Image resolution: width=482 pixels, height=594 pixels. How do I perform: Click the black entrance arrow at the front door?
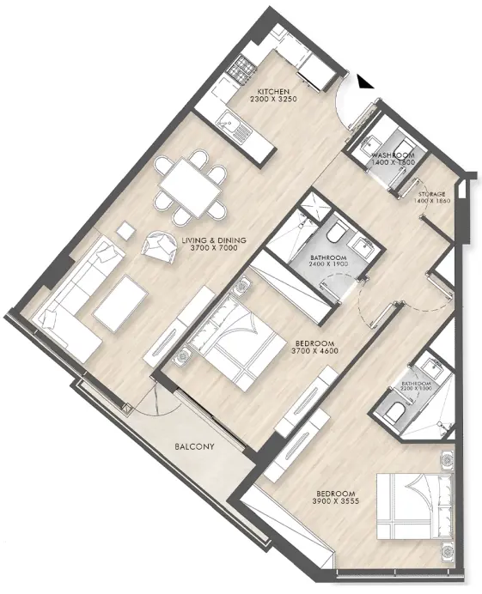[x=364, y=82]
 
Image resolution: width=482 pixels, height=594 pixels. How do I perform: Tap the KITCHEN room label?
[x=272, y=91]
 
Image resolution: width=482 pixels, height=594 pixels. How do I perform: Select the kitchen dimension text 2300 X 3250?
[x=272, y=100]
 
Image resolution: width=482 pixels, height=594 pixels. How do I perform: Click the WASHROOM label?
[x=394, y=155]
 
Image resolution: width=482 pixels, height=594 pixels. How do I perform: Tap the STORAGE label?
[x=432, y=195]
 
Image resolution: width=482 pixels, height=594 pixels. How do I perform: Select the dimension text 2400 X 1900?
[x=329, y=266]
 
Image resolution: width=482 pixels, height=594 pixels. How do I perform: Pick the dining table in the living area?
[x=190, y=184]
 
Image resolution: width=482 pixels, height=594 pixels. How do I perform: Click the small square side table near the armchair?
[x=125, y=230]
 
